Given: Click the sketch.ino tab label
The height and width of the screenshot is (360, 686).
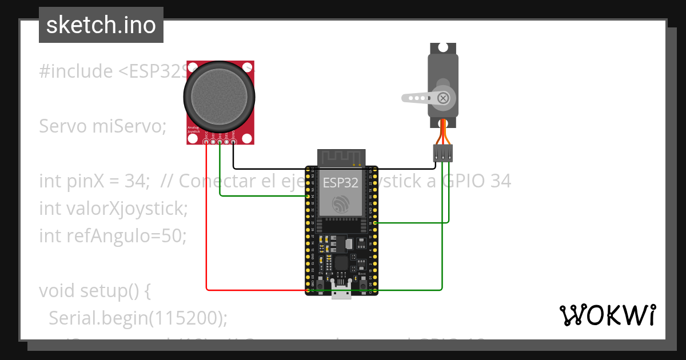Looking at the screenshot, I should pyautogui.click(x=101, y=25).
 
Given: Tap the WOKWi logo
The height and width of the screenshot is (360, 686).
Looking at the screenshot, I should pyautogui.click(x=607, y=315).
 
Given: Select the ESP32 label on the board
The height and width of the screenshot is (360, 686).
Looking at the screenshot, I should pyautogui.click(x=341, y=183).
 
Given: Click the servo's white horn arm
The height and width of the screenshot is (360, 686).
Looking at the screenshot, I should pyautogui.click(x=420, y=98).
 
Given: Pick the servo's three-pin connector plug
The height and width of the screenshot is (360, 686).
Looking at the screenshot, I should pyautogui.click(x=442, y=153).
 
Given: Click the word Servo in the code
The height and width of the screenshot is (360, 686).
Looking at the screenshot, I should pyautogui.click(x=63, y=126).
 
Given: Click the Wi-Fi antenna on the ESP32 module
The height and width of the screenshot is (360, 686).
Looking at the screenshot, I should pyautogui.click(x=341, y=157).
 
